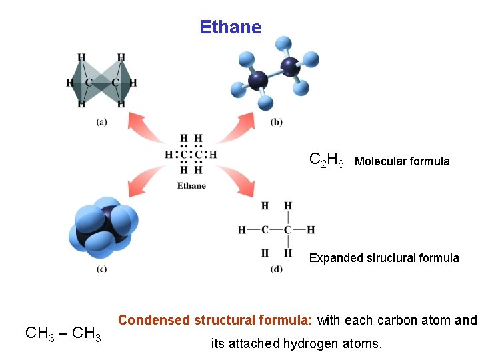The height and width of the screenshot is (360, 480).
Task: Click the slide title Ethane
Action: point(230,27)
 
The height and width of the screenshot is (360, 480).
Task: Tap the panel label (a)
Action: point(101,121)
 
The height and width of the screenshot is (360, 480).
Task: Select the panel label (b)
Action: point(277,121)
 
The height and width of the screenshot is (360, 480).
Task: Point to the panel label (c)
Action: point(101,269)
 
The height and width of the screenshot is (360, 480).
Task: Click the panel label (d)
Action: point(277,269)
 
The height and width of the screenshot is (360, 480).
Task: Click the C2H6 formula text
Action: point(327,161)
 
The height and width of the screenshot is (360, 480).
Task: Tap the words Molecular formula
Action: point(402,161)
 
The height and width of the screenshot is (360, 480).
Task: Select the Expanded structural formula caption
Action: point(384,258)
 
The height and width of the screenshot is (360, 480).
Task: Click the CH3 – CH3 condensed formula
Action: point(63,333)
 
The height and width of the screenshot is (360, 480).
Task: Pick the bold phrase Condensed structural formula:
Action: point(215,320)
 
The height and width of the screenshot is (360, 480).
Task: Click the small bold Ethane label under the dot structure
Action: point(191,185)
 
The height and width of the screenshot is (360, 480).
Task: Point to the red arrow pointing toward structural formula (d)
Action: point(239,181)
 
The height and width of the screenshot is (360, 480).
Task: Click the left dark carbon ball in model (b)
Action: point(258,81)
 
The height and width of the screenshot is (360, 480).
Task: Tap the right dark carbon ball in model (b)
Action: point(290,65)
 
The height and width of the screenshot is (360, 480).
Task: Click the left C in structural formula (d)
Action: point(265,230)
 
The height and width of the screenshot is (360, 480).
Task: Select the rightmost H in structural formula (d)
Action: point(311,230)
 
